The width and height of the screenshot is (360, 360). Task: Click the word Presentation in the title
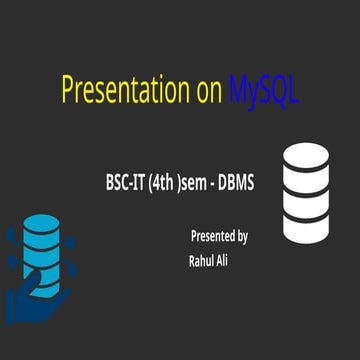point(126,89)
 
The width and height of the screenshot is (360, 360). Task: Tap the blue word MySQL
point(264,91)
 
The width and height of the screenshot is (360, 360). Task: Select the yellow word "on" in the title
point(209,92)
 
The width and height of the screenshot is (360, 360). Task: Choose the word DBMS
point(236,183)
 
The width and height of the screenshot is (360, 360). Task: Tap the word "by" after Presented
point(242,237)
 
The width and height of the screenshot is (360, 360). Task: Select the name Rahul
point(201,261)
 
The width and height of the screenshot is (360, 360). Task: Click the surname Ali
point(221,260)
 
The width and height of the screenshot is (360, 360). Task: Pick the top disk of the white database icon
point(306,157)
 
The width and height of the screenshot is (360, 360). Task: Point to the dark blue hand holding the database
point(33,302)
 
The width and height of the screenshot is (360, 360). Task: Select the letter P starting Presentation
point(69,89)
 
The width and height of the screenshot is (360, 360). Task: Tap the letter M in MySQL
point(239,89)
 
